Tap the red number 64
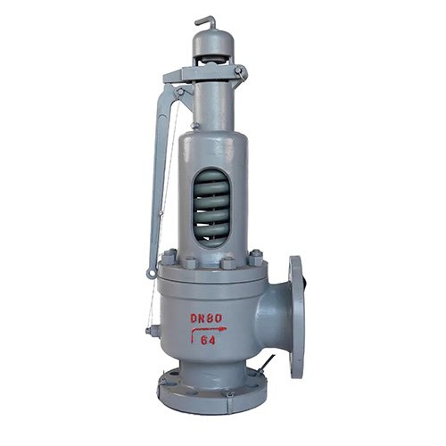pyautogui.click(x=210, y=340)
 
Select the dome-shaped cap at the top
pyautogui.click(x=211, y=43)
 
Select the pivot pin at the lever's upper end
pyautogui.click(x=181, y=91)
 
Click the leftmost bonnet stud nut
pyautogui.click(x=169, y=258)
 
